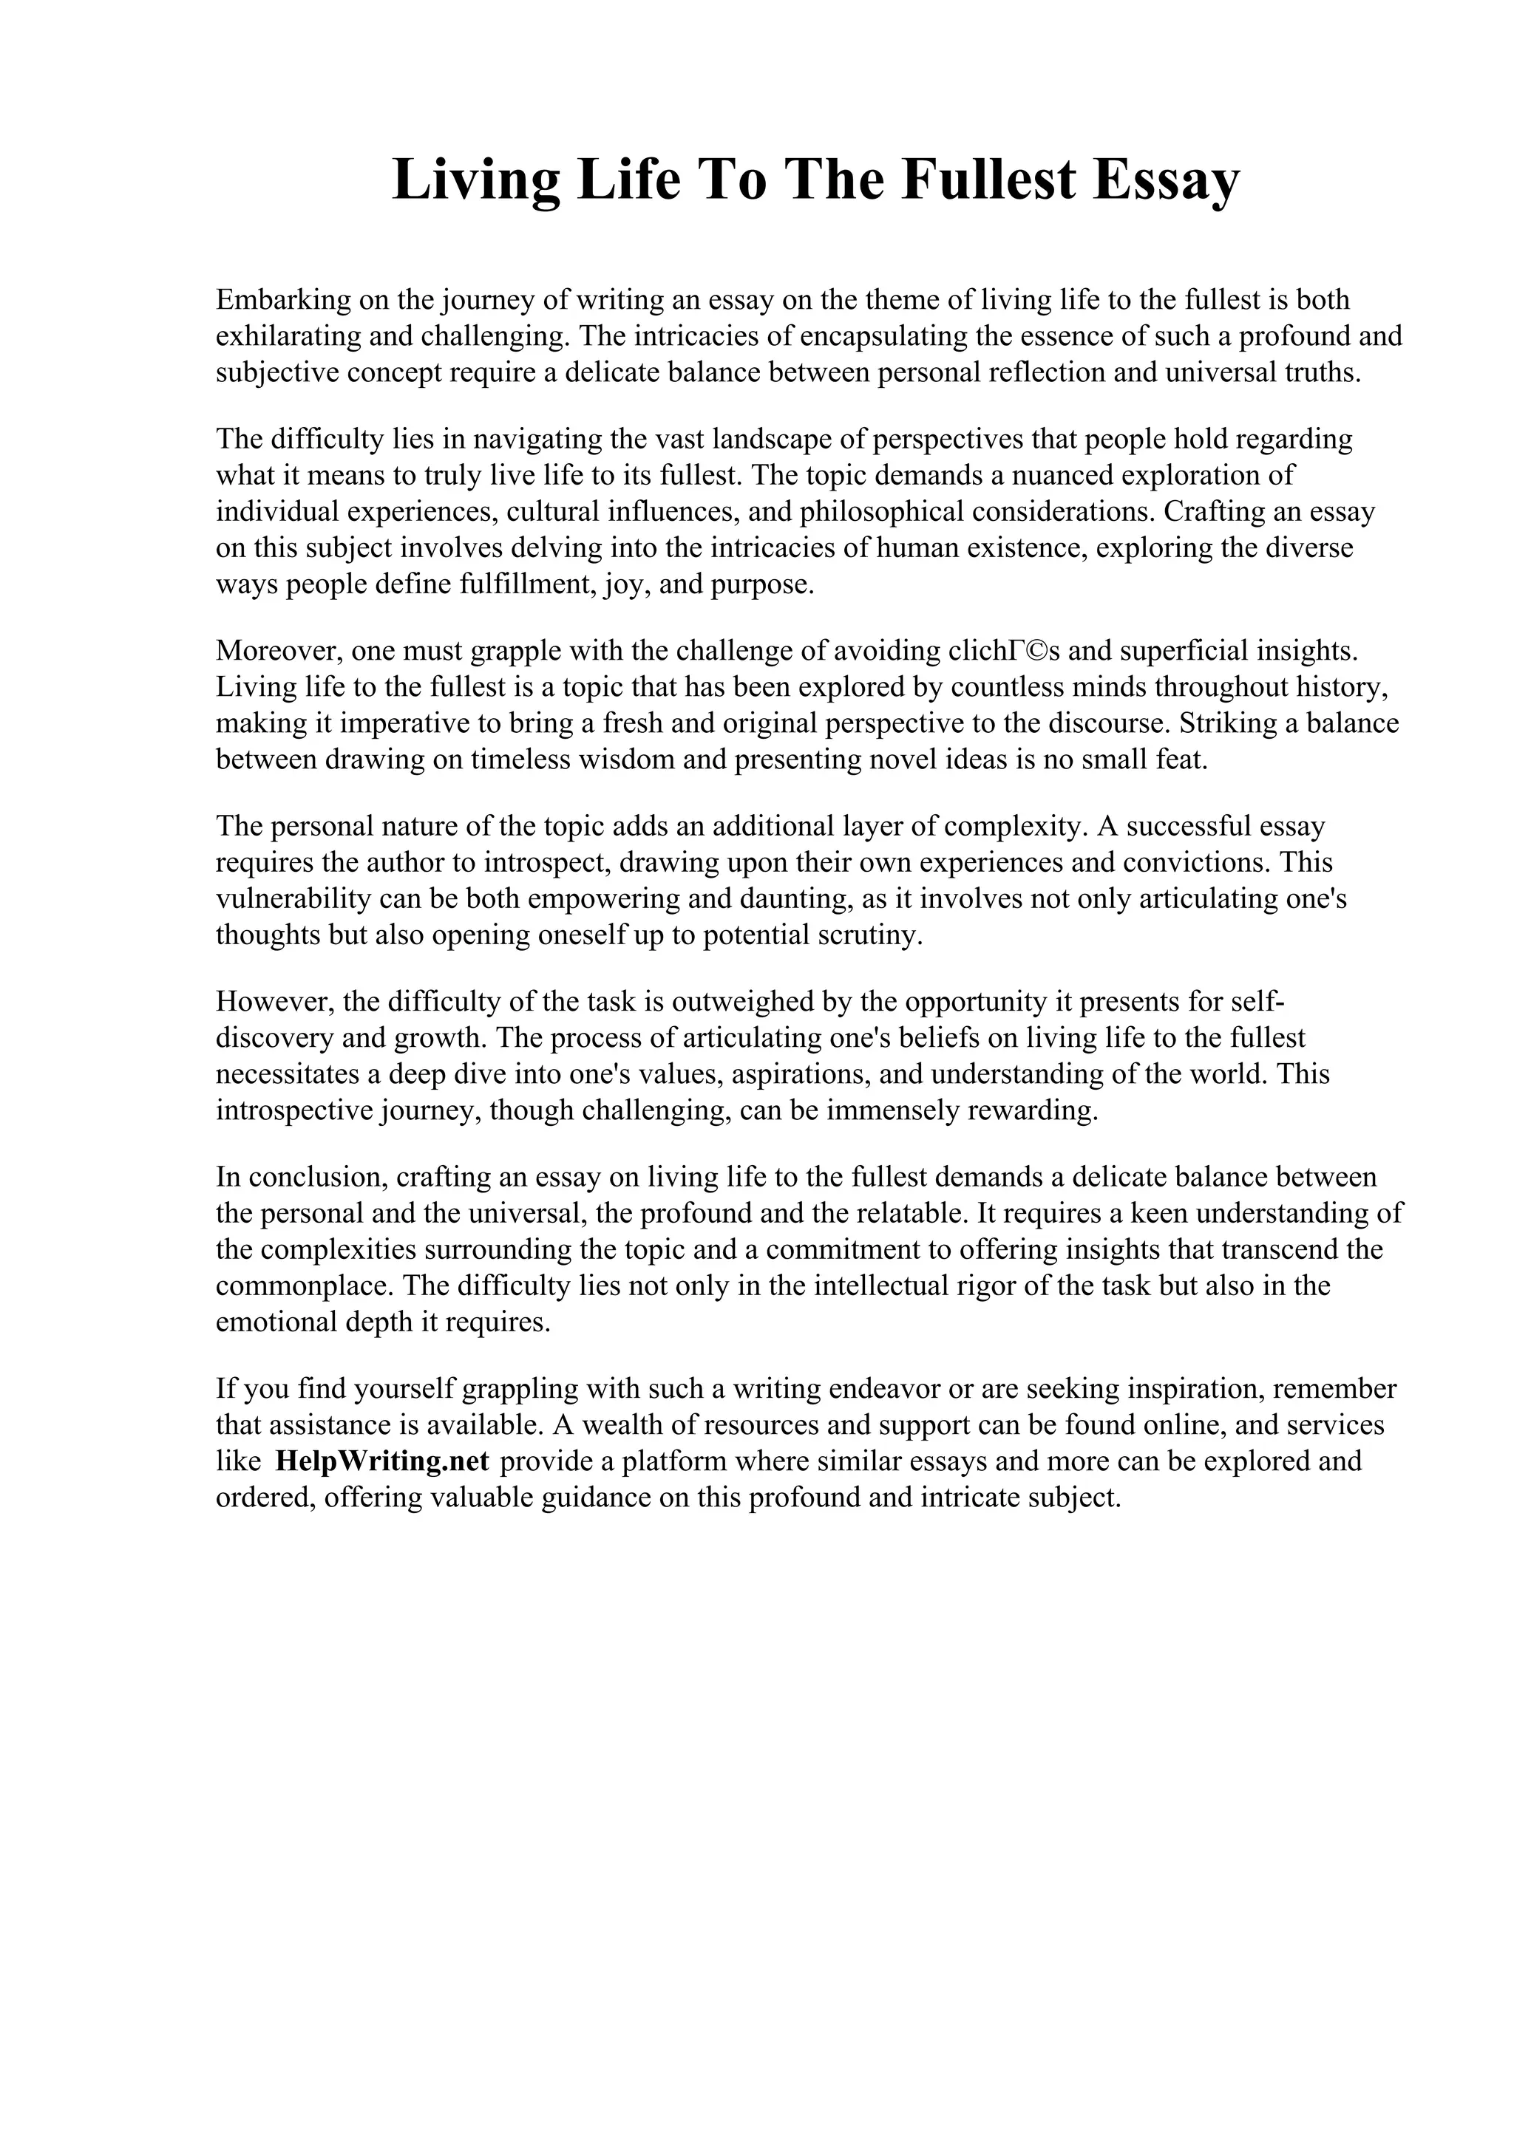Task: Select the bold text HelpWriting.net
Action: click(x=382, y=1461)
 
